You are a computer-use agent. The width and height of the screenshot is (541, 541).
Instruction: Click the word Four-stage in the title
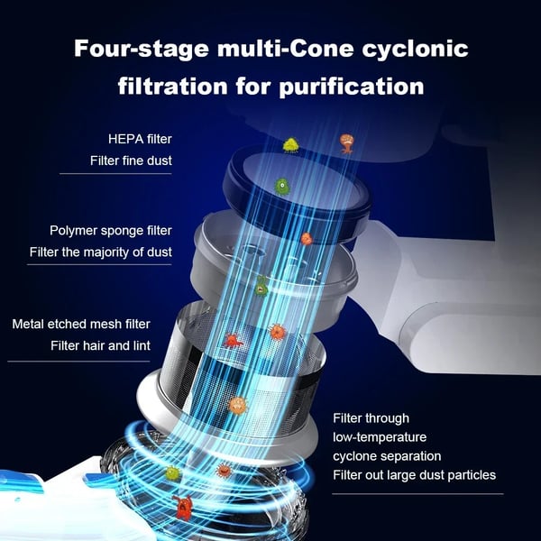(x=142, y=49)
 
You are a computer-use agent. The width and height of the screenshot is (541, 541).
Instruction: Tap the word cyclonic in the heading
(x=415, y=49)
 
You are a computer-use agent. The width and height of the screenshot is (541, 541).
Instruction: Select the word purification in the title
(x=352, y=87)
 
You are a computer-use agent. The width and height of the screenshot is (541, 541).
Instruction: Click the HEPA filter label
(x=140, y=139)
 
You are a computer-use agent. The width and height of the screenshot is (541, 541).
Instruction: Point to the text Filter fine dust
(x=131, y=160)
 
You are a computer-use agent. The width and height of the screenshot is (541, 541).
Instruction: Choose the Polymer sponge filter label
(x=111, y=231)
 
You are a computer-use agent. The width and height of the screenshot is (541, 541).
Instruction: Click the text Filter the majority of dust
(x=101, y=252)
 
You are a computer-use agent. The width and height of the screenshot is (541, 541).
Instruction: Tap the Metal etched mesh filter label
(x=81, y=324)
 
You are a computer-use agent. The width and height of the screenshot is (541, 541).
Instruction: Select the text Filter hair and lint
(x=100, y=345)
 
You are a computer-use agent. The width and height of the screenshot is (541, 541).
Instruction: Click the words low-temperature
(x=380, y=437)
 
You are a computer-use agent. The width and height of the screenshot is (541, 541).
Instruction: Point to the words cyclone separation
(x=387, y=456)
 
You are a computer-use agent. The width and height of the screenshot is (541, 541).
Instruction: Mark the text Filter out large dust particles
(x=415, y=475)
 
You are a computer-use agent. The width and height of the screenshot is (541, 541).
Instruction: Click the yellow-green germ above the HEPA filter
(x=291, y=145)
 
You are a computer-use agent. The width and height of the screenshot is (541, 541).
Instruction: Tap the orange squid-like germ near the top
(x=346, y=142)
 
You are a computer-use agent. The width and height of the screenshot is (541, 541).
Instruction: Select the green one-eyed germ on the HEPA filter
(x=282, y=187)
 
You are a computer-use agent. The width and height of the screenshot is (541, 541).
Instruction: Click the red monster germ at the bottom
(x=182, y=508)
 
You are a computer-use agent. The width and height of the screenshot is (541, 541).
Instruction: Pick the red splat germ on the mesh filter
(x=234, y=341)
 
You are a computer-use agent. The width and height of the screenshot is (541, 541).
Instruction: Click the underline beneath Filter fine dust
(x=115, y=174)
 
